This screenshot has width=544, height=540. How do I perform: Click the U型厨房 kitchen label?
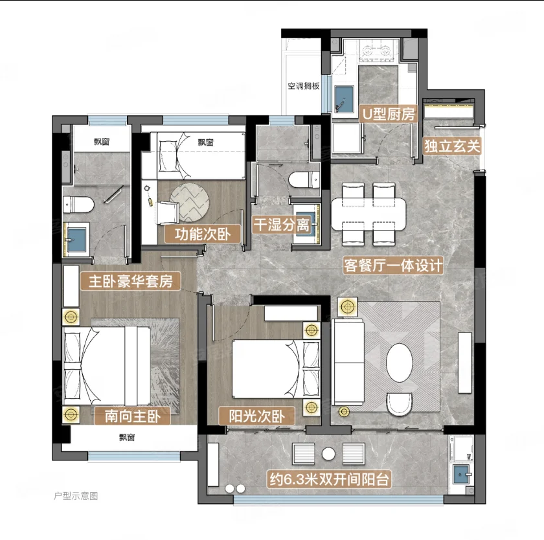pyautogui.click(x=388, y=114)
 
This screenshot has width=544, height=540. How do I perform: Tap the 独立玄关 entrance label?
pyautogui.click(x=452, y=146)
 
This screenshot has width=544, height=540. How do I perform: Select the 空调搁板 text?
pyautogui.click(x=304, y=86)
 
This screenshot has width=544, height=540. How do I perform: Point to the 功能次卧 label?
pyautogui.click(x=203, y=234)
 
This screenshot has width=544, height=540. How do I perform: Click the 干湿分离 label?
pyautogui.click(x=282, y=225)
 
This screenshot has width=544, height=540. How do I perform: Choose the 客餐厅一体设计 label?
pyautogui.click(x=393, y=265)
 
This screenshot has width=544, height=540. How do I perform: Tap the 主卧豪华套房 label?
pyautogui.click(x=130, y=281)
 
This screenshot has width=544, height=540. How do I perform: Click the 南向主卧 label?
pyautogui.click(x=133, y=416)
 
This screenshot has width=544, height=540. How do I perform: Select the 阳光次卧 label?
pyautogui.click(x=256, y=416)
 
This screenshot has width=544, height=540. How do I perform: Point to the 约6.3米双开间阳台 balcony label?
pyautogui.click(x=329, y=480)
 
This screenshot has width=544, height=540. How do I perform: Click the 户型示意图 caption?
pyautogui.click(x=76, y=496)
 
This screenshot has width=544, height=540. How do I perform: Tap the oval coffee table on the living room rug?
pyautogui.click(x=400, y=363)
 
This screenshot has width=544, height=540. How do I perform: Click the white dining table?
pyautogui.click(x=368, y=214)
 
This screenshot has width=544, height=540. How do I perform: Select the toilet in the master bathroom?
pyautogui.click(x=78, y=205)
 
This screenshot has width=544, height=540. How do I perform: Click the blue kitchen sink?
pyautogui.click(x=344, y=99)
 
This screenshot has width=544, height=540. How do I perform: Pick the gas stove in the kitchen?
pyautogui.click(x=377, y=51)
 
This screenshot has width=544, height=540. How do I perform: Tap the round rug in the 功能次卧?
pyautogui.click(x=189, y=203)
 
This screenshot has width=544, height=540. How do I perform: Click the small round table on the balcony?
pyautogui.click(x=328, y=454)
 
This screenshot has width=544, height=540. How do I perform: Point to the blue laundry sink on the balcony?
pyautogui.click(x=461, y=474)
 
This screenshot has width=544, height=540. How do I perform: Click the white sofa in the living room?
pyautogui.click(x=348, y=363)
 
